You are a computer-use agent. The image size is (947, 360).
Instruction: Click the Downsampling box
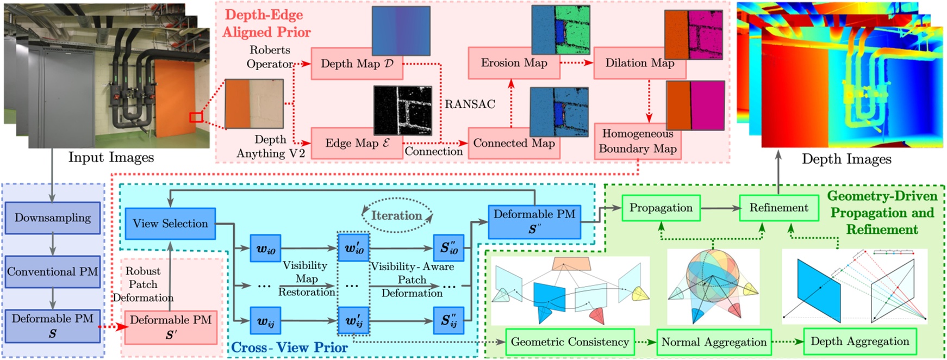coord(53,218)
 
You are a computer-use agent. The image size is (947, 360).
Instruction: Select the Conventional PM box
coord(53,271)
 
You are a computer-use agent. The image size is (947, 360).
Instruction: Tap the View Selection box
coord(170,224)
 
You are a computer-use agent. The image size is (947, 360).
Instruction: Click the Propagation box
coord(661,208)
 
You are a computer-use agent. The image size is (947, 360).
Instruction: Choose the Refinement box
coord(778,208)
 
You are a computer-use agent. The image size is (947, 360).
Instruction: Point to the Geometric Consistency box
coord(570,342)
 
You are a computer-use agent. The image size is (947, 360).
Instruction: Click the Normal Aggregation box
coord(714,343)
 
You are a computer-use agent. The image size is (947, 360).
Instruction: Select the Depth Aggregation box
coord(859,342)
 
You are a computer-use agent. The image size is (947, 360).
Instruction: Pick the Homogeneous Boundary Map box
coord(637,141)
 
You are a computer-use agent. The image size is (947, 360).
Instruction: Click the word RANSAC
coord(470,104)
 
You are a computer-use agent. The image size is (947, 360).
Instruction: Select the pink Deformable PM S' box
coord(171,327)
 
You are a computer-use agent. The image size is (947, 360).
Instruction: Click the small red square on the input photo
coord(196,117)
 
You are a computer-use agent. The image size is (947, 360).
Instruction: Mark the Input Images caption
coord(111,158)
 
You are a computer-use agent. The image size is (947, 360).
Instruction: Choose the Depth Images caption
coord(846,159)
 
